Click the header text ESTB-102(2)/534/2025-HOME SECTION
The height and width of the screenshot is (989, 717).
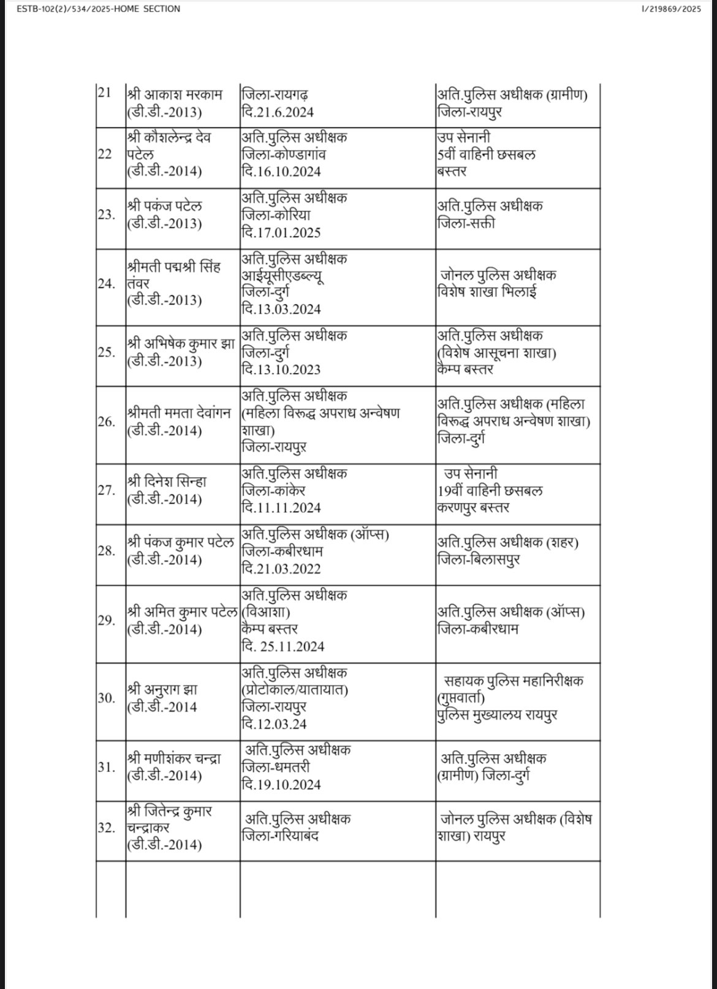(x=91, y=9)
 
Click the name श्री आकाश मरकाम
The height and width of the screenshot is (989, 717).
(x=175, y=96)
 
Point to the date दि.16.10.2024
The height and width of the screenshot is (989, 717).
(x=281, y=172)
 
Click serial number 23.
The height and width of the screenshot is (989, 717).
(x=106, y=214)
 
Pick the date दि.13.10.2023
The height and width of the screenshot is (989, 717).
(x=281, y=369)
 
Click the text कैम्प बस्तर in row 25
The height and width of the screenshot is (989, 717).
(x=465, y=369)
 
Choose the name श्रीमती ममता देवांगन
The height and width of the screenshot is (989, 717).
(x=180, y=413)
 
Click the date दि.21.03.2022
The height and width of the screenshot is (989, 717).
(x=281, y=569)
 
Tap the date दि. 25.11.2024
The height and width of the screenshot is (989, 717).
(x=283, y=646)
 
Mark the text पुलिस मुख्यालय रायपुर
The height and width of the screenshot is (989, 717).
(x=497, y=715)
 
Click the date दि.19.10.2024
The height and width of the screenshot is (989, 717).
(x=281, y=784)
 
